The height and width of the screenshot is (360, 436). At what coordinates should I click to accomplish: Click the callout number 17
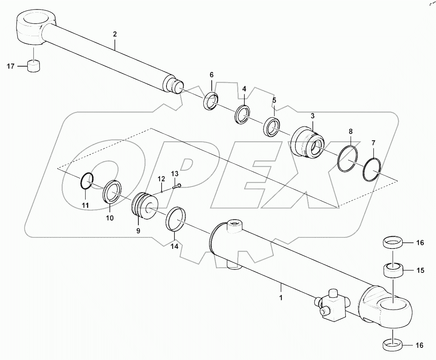coord(10,67)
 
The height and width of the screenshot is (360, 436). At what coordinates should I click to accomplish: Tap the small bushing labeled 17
coord(34,66)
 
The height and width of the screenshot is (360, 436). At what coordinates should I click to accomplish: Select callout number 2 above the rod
coord(115,34)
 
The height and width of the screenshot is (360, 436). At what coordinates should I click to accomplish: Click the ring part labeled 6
coord(210,101)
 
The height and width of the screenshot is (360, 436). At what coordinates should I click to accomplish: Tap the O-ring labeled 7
coord(371,170)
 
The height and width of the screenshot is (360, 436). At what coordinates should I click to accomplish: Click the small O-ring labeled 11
coord(87,180)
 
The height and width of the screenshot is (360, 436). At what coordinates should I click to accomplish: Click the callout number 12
coord(161,178)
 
